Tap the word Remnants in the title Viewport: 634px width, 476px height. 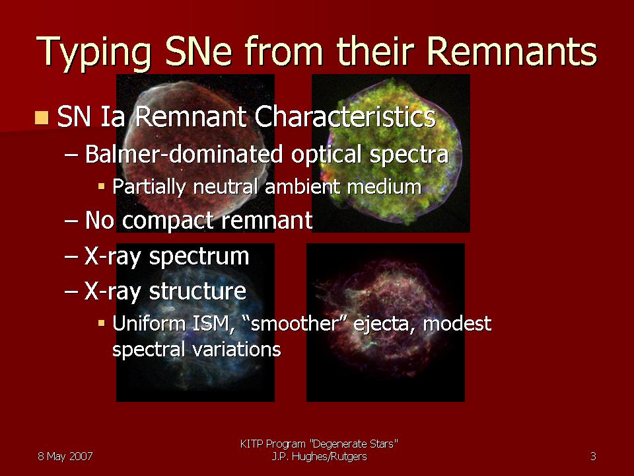tap(511, 51)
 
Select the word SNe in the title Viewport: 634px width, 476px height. tap(198, 51)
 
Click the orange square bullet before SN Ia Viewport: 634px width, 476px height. tap(42, 118)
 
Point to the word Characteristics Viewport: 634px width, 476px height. tap(345, 117)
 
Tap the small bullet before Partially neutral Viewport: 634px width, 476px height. tap(101, 186)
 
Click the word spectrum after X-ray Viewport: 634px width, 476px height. tap(199, 257)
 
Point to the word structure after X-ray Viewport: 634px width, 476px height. tap(197, 292)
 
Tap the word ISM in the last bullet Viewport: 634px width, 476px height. tap(213, 324)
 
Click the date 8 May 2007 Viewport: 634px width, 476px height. tap(65, 457)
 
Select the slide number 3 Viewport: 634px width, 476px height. tap(593, 457)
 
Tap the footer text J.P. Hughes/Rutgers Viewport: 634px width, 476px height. tap(320, 457)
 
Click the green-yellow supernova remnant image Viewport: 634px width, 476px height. tap(390, 153)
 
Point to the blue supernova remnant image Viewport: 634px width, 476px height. tap(195, 323)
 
